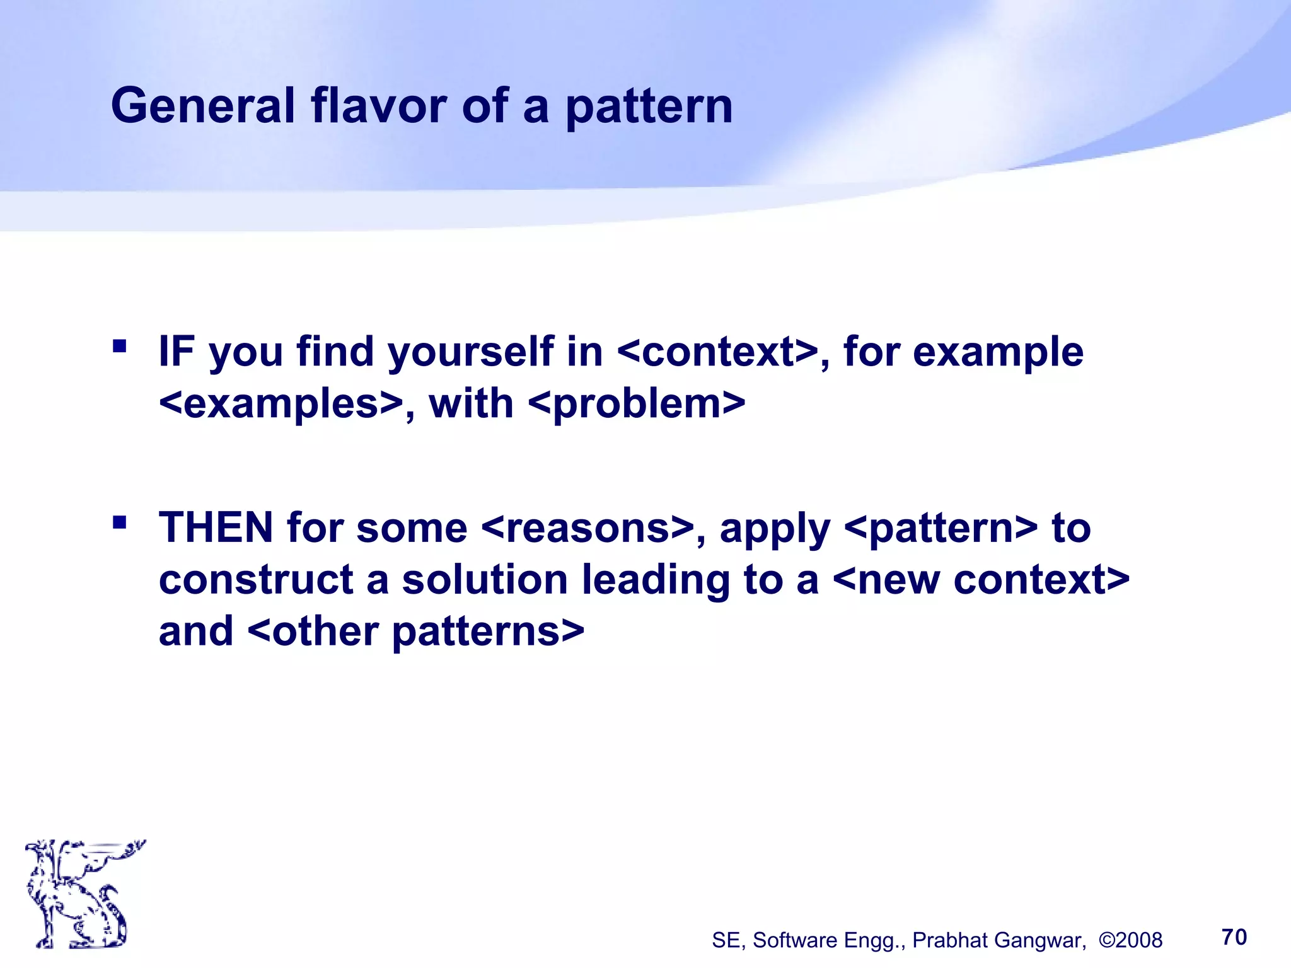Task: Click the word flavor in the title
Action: (379, 106)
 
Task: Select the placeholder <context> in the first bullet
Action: (717, 352)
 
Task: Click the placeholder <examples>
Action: (281, 404)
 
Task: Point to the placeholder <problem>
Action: (637, 404)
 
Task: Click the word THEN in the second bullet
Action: (216, 527)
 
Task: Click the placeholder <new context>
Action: (981, 580)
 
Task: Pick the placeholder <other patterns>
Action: (416, 631)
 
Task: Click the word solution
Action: (485, 580)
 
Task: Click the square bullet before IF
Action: (119, 346)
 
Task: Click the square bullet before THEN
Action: (119, 522)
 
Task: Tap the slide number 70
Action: (1234, 937)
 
